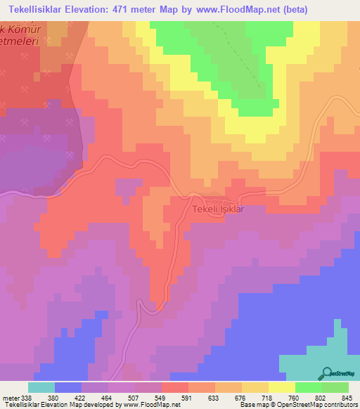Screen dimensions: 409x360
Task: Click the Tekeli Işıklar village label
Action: tap(217, 209)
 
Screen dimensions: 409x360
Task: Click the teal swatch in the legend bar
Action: tap(41, 387)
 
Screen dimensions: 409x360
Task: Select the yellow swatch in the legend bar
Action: tap(281, 387)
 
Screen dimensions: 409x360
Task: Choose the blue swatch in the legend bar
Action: tap(67, 387)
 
